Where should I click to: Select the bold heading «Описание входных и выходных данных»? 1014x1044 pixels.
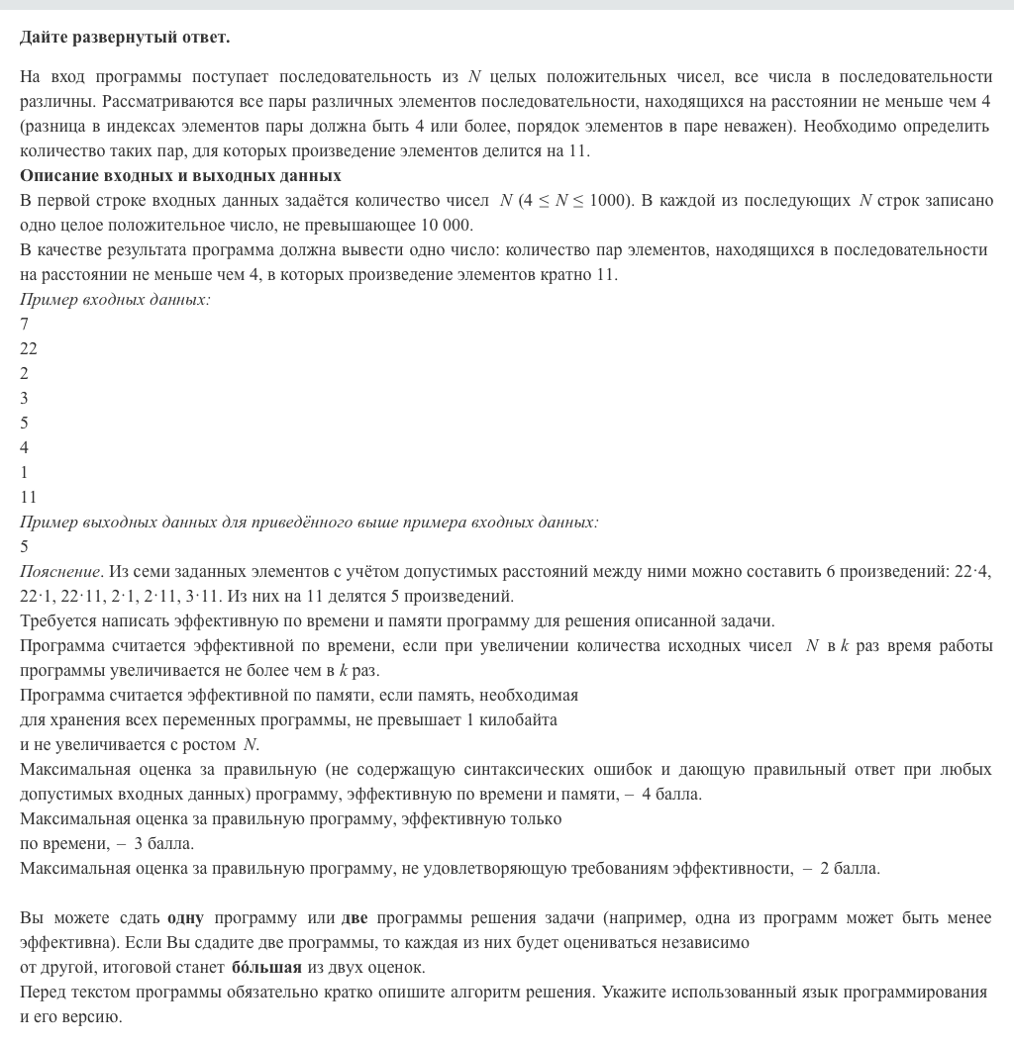tap(180, 175)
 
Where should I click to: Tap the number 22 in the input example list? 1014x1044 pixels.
tap(28, 348)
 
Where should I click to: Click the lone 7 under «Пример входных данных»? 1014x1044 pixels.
tap(24, 324)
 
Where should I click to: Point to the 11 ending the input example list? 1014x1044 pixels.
tap(28, 497)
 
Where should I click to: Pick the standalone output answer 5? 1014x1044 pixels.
tap(24, 546)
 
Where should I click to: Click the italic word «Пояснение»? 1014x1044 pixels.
tap(59, 571)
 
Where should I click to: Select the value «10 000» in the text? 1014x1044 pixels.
tap(447, 225)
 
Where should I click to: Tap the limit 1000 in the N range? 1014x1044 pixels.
tap(606, 200)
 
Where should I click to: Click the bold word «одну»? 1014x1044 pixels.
tap(185, 917)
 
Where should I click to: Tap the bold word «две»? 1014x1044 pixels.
tap(355, 917)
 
